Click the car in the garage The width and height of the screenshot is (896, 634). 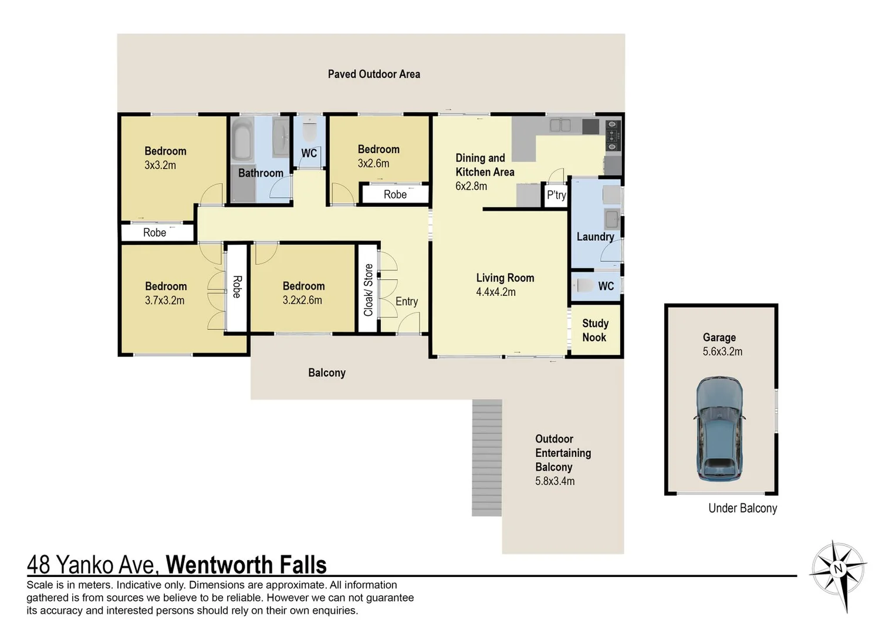click(x=719, y=428)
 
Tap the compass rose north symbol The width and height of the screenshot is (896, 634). click(x=837, y=568)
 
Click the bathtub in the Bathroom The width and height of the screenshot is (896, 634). click(x=242, y=140)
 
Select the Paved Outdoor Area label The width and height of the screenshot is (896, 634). click(x=374, y=74)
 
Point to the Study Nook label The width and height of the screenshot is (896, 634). click(x=595, y=330)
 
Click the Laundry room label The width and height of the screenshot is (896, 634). click(x=595, y=237)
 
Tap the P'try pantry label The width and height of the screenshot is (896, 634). click(x=556, y=195)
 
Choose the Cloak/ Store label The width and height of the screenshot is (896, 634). click(x=368, y=289)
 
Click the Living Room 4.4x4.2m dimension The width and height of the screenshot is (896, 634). click(x=496, y=292)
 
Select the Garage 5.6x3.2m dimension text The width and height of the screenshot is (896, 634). click(x=722, y=352)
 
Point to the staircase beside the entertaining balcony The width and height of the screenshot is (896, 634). click(x=487, y=458)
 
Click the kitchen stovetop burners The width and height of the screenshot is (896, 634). click(x=613, y=136)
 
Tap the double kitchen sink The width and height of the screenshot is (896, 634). click(x=560, y=125)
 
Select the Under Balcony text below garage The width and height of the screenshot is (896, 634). click(x=742, y=508)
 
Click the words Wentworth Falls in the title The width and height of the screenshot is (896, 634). click(x=246, y=565)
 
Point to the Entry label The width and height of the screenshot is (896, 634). click(x=407, y=301)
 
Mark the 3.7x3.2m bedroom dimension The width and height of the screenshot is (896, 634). click(x=165, y=301)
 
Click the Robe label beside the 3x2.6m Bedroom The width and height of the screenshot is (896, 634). click(x=395, y=194)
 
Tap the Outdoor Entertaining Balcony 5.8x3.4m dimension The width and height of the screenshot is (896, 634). click(x=554, y=481)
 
